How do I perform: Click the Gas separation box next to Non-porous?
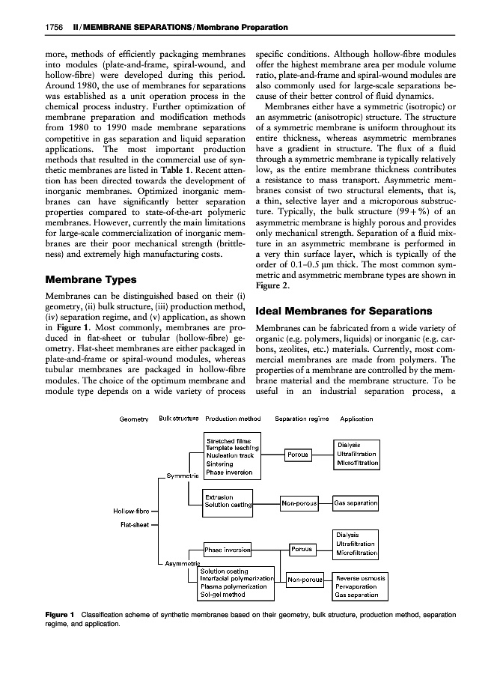356,503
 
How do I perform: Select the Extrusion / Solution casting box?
228,501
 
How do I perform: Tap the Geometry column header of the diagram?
135,419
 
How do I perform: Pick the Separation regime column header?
302,419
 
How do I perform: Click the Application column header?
356,419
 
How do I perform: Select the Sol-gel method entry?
223,595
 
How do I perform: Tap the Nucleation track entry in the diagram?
230,455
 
